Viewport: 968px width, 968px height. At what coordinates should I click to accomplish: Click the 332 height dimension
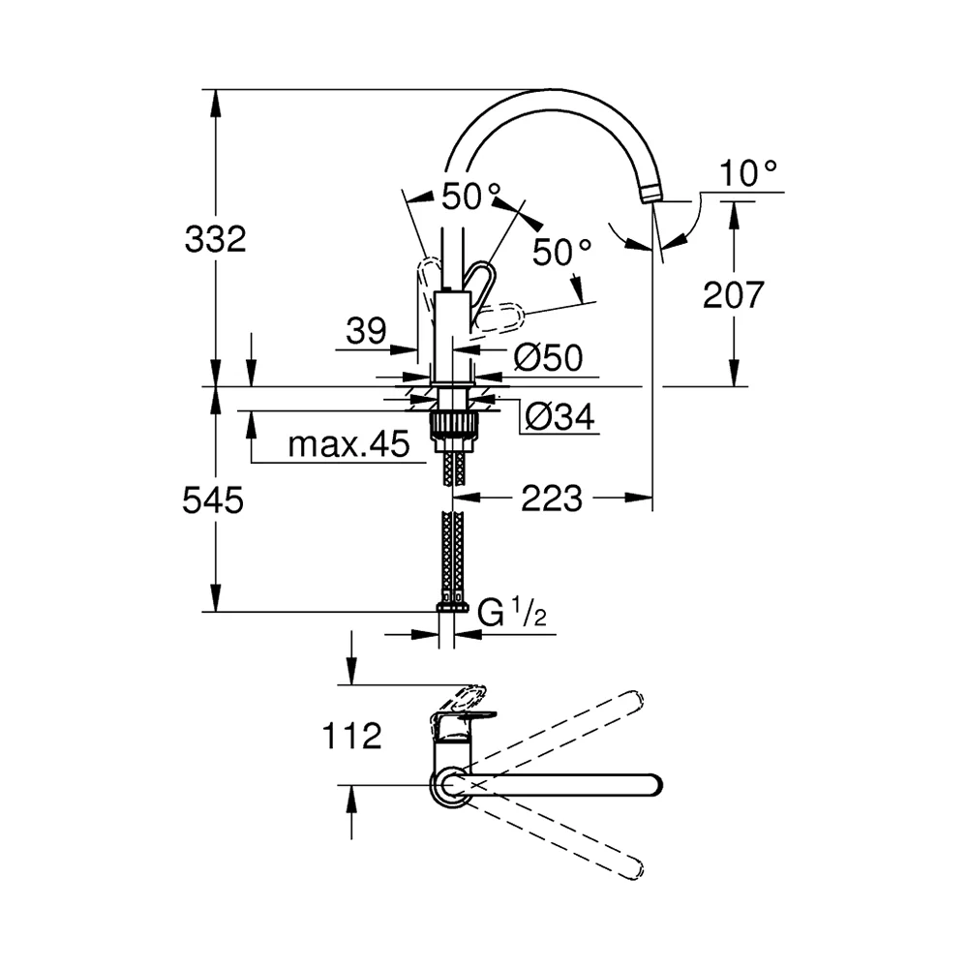point(216,239)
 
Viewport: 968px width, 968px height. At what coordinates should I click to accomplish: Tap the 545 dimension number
point(213,500)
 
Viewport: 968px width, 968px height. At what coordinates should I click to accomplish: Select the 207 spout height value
point(734,294)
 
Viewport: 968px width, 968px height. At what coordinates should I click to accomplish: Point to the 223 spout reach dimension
point(552,499)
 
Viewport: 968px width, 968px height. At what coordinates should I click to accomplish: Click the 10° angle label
point(748,173)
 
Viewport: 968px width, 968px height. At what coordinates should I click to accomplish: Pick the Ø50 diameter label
point(548,357)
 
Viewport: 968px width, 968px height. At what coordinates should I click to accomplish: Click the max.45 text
point(348,444)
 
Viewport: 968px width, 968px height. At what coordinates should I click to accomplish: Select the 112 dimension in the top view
point(352,736)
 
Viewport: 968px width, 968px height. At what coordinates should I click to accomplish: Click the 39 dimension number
point(366,331)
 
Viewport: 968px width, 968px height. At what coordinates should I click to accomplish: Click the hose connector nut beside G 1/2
point(452,608)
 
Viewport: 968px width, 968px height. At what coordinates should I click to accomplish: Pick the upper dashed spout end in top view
point(635,700)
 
